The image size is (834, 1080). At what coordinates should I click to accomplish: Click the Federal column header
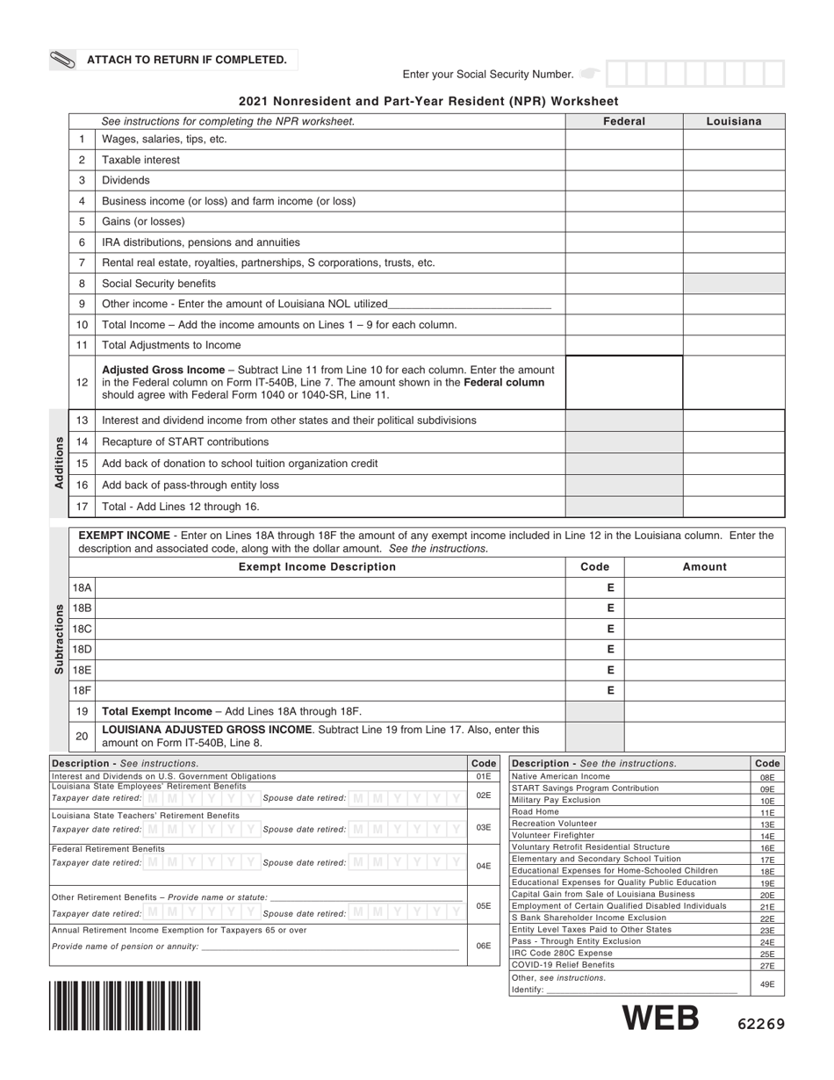623,121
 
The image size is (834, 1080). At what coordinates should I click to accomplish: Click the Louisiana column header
733,121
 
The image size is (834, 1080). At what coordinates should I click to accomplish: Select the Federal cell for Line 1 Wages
623,140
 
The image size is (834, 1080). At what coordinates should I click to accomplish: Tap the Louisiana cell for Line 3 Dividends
733,180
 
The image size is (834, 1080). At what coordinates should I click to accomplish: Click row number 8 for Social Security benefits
82,284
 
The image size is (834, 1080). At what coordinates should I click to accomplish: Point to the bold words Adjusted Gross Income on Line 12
157,370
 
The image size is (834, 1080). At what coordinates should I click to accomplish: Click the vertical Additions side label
59,463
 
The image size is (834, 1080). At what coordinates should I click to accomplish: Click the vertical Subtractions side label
59,638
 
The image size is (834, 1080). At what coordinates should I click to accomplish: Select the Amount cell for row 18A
704,588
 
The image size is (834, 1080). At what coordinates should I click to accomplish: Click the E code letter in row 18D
610,650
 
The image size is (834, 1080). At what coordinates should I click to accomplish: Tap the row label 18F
82,690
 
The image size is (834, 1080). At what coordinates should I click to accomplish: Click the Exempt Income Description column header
317,567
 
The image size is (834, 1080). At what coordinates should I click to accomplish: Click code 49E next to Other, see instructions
767,984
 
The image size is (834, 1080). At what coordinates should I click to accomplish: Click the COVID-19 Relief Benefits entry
563,964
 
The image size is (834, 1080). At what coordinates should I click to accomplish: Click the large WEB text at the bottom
660,1019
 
